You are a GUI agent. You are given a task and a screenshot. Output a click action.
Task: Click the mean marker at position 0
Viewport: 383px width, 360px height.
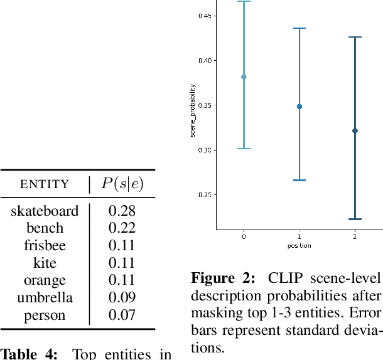pos(244,77)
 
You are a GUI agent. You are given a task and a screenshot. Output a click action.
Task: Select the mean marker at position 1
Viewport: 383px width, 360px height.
pos(299,107)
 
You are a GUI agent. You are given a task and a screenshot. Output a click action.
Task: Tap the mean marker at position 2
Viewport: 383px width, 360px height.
pos(355,130)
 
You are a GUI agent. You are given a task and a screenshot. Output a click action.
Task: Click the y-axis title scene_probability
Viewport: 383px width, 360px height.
pos(193,110)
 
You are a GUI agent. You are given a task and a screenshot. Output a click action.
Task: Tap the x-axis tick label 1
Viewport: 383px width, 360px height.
pos(299,237)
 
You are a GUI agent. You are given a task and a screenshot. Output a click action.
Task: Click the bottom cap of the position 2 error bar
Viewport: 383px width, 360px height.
pos(355,219)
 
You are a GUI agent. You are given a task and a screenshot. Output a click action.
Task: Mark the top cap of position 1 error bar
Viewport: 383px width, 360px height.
pos(299,28)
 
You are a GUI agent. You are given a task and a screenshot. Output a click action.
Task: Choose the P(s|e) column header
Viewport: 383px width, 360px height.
pos(122,184)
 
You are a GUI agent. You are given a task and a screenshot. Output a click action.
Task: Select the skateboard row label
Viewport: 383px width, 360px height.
pos(45,211)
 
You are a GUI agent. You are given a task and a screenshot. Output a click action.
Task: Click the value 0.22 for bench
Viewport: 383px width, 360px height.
pos(122,228)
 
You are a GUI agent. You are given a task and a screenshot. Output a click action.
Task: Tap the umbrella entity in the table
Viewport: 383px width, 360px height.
pos(45,298)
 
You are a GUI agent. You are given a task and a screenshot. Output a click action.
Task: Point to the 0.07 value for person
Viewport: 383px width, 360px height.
pos(122,315)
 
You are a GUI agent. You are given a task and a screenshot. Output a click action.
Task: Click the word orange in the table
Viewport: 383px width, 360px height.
pos(45,280)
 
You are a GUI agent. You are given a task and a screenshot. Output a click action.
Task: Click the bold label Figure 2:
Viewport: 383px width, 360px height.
pos(223,278)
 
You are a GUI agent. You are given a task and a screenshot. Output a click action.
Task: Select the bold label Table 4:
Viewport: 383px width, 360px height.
pos(30,353)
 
